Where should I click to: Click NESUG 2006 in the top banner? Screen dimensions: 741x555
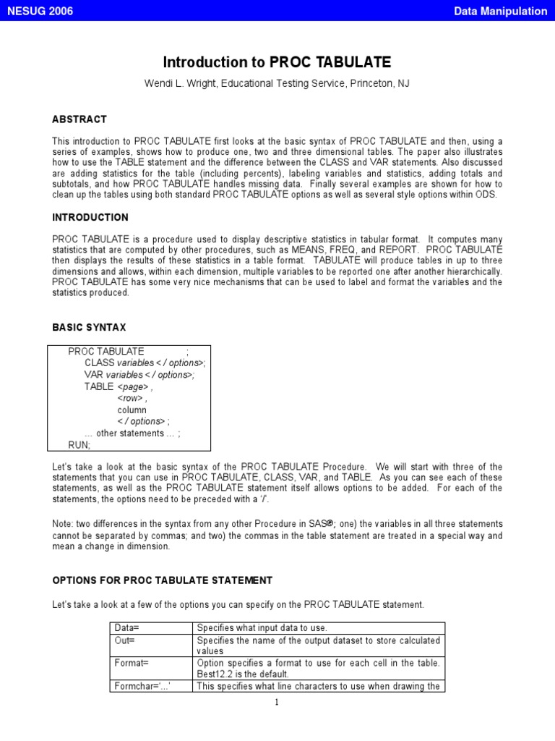[40, 11]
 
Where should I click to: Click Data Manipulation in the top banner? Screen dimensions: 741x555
[500, 11]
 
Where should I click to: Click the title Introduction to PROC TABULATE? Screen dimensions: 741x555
[277, 62]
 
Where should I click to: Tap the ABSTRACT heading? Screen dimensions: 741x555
[79, 119]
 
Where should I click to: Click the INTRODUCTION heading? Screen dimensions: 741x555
[90, 217]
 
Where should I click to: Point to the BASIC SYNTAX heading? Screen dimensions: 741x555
[89, 328]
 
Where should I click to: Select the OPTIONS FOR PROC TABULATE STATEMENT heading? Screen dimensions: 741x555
[162, 580]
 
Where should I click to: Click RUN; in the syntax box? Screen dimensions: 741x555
[79, 444]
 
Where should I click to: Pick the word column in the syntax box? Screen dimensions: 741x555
[132, 410]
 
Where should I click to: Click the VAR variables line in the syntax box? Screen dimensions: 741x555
[139, 375]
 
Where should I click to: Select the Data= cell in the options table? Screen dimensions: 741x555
[127, 628]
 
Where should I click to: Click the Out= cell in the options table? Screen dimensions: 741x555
[125, 640]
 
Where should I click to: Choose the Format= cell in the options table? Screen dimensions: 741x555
[132, 663]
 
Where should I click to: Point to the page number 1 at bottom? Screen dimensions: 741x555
[277, 701]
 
